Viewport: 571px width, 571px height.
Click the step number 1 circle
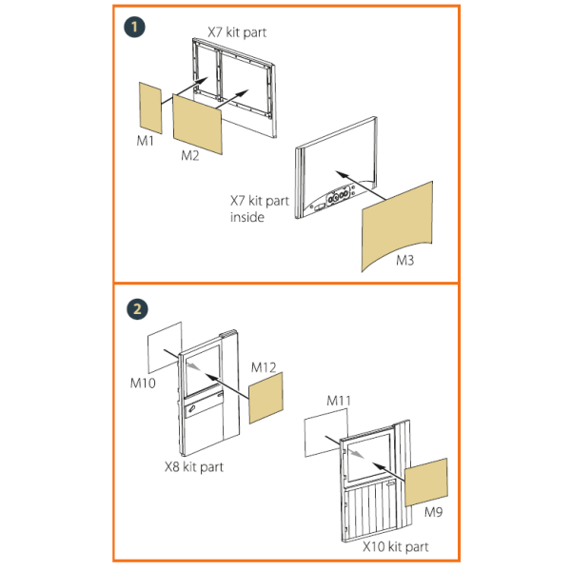point(134,27)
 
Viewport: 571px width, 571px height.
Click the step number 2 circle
point(137,309)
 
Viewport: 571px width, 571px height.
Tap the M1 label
point(146,141)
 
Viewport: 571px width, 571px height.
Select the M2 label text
point(190,156)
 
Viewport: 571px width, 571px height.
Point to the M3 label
point(405,261)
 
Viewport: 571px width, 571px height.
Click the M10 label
point(143,384)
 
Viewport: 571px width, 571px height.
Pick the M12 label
point(264,367)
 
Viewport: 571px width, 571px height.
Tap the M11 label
point(339,401)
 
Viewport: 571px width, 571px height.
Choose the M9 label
point(433,512)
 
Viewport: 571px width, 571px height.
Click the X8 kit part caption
point(194,467)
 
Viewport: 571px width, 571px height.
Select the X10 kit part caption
point(396,547)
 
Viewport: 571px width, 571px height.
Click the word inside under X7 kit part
point(246,217)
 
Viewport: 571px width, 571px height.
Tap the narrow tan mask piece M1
point(150,108)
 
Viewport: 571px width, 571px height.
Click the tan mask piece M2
point(197,124)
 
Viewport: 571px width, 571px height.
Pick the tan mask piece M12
point(266,398)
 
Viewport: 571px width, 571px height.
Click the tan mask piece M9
point(425,482)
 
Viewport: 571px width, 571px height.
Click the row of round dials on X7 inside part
point(338,196)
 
